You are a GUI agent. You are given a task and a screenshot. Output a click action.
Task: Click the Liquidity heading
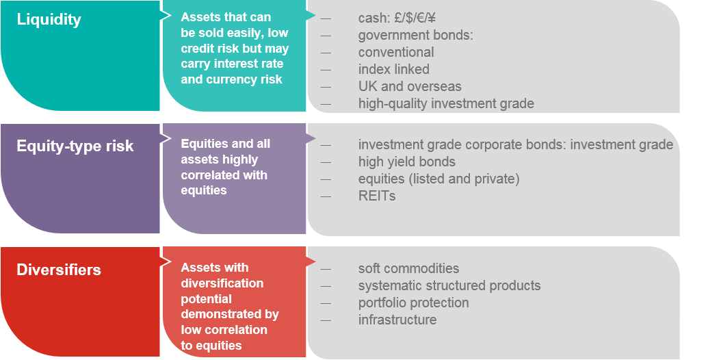49,20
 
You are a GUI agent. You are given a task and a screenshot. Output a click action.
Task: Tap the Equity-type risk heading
75,146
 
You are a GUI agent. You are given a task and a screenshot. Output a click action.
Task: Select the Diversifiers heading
59,270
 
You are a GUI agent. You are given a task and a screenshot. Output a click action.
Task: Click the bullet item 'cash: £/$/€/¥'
397,18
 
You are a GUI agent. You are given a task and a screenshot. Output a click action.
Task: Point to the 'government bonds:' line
416,35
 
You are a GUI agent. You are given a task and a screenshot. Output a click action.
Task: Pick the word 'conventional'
396,52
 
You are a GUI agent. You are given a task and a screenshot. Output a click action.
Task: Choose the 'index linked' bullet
393,69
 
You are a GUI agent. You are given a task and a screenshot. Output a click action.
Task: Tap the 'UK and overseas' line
410,86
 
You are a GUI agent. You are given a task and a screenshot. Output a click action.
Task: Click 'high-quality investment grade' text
446,103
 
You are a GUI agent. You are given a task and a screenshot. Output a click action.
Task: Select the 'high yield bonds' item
407,162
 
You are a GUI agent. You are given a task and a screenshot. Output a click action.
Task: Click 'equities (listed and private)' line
438,179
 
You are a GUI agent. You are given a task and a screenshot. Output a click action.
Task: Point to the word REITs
377,196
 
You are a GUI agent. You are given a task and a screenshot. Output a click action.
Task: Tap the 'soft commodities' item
408,268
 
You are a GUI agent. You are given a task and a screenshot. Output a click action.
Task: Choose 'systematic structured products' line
449,285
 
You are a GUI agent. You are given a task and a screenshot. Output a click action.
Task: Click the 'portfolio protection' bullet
413,303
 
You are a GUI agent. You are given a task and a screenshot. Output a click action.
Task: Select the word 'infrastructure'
397,320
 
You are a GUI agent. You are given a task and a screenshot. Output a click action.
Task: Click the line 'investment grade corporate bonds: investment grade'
516,145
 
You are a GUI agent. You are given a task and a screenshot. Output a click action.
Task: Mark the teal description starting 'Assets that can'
235,49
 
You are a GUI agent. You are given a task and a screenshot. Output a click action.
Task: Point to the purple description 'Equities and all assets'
226,167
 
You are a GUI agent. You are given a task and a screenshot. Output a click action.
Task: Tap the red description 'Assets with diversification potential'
230,307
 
